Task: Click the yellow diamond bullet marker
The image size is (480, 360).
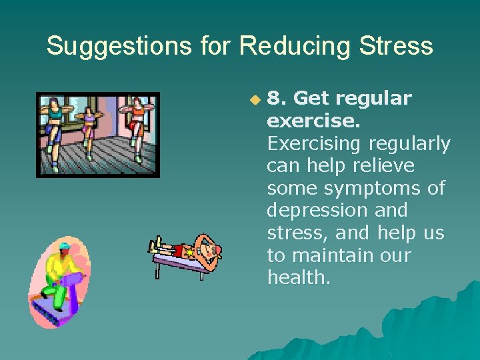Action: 254,100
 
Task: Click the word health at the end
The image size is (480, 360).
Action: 298,277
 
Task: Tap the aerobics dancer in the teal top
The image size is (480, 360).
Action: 55,117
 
